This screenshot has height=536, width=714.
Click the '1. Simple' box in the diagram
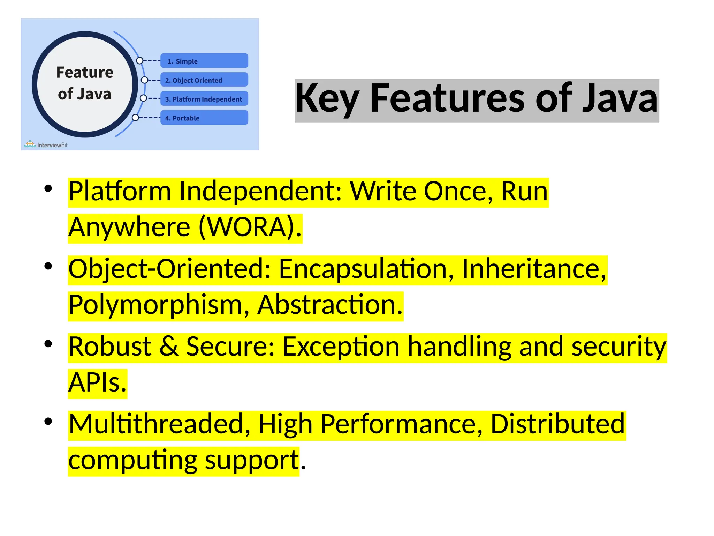pyautogui.click(x=204, y=61)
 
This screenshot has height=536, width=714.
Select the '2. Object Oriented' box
pyautogui.click(x=204, y=80)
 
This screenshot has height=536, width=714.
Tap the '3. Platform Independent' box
pyautogui.click(x=204, y=99)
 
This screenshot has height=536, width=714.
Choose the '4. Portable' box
pyautogui.click(x=204, y=118)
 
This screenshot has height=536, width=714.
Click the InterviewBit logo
pyautogui.click(x=46, y=144)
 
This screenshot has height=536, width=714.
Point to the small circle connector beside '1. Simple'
pyautogui.click(x=139, y=61)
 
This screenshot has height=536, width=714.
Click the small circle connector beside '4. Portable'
pyautogui.click(x=136, y=118)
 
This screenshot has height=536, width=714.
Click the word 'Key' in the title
pyautogui.click(x=327, y=99)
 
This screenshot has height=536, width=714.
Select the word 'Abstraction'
pyautogui.click(x=330, y=305)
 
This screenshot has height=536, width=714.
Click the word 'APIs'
pyautogui.click(x=97, y=383)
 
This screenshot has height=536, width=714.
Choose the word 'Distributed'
pyautogui.click(x=557, y=424)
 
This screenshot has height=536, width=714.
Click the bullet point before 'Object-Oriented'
pyautogui.click(x=48, y=267)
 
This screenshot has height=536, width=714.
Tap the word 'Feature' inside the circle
pyautogui.click(x=85, y=73)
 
